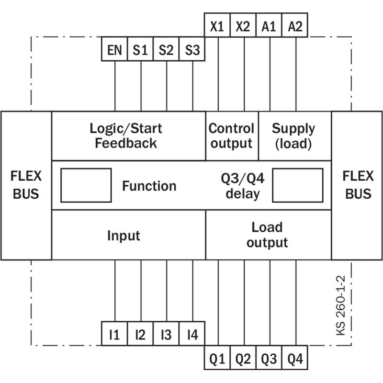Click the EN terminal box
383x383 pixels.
click(114, 49)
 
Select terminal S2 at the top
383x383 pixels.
click(166, 49)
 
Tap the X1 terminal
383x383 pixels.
click(217, 25)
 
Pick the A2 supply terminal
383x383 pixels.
click(295, 25)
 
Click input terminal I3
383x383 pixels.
click(166, 333)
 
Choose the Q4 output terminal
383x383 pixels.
click(295, 358)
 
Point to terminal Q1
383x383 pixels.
click(217, 358)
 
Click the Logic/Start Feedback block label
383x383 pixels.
click(126, 135)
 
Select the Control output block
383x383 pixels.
click(232, 136)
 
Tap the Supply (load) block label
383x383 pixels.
click(293, 136)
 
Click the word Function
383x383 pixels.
click(149, 186)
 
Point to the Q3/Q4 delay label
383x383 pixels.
click(243, 186)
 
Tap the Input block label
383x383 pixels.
click(124, 236)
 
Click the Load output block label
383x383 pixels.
click(267, 235)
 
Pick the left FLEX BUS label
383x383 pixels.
click(26, 185)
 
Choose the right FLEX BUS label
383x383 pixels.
click(358, 185)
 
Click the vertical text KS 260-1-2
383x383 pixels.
click(341, 305)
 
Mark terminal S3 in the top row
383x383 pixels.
click(192, 49)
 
